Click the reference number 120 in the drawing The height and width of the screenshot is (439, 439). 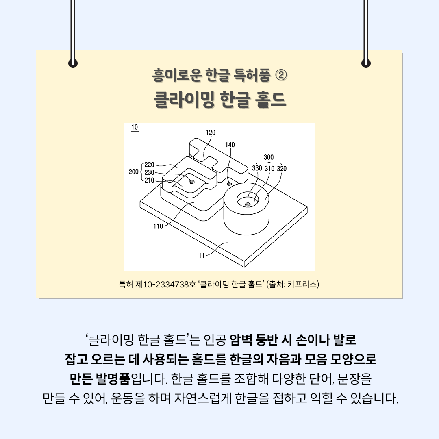tap(211, 133)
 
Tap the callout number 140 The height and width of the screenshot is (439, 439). tap(230, 145)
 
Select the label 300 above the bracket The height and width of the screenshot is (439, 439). tap(269, 157)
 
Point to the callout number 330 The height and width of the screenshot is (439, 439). tap(257, 168)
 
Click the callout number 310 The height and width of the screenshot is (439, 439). tap(269, 169)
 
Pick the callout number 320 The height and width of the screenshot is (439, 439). tap(282, 169)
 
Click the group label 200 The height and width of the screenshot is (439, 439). tap(134, 172)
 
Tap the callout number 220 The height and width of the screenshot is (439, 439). tap(149, 165)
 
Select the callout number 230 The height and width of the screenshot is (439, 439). tap(149, 172)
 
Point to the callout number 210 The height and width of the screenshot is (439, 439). tap(149, 180)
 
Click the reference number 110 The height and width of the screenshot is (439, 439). tap(158, 226)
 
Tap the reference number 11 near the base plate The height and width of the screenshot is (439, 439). tap(202, 256)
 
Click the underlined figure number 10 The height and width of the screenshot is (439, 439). tap(135, 127)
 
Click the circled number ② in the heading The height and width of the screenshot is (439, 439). tap(281, 75)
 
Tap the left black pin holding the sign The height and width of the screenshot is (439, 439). tap(73, 63)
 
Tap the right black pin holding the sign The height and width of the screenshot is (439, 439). tap(366, 63)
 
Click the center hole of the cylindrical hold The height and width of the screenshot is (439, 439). tap(247, 204)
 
